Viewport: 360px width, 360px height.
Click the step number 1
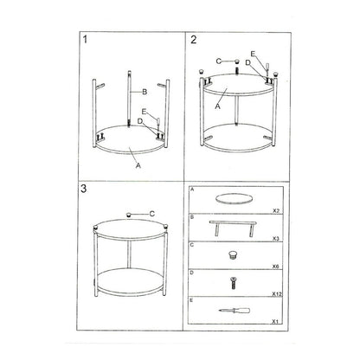pos(85,39)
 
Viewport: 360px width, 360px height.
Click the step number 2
pos(194,40)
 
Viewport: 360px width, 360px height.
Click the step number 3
pos(83,189)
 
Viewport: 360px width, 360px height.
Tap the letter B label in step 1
pos(145,92)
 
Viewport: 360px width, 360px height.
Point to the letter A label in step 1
pos(138,165)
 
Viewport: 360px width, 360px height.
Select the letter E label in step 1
pos(144,112)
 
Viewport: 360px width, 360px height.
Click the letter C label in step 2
pos(218,61)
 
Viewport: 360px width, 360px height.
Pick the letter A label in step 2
pos(218,106)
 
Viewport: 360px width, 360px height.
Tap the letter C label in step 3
pos(152,214)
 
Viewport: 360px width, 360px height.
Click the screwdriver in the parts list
pos(235,311)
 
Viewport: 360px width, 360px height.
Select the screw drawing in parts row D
pos(232,283)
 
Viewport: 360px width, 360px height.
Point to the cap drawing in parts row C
pos(233,255)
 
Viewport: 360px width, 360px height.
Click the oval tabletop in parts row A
pos(235,199)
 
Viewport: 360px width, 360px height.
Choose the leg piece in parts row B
pos(233,228)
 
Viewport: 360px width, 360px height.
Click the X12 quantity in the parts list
pos(277,294)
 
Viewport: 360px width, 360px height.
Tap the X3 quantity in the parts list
pos(276,239)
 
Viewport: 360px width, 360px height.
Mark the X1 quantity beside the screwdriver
pos(276,321)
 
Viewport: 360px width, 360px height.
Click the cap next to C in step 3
pos(129,215)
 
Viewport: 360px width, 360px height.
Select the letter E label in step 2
pos(253,54)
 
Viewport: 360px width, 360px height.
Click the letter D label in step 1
pos(140,121)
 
